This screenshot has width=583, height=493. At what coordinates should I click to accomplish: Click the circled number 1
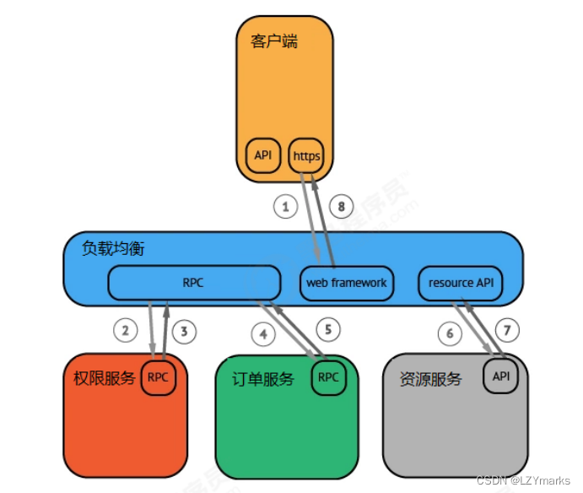click(x=285, y=205)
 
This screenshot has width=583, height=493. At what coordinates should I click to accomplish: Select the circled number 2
click(x=125, y=330)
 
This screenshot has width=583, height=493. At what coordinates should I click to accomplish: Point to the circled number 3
click(x=187, y=330)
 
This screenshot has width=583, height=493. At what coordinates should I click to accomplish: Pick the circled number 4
click(x=264, y=333)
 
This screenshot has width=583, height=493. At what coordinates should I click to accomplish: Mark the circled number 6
click(x=450, y=333)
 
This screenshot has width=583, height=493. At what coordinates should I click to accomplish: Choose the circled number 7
click(x=508, y=328)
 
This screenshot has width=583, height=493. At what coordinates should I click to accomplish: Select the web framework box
click(x=347, y=283)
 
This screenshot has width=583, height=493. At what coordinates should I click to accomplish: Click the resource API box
click(x=461, y=283)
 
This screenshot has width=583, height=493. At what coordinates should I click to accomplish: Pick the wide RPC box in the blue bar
click(x=193, y=283)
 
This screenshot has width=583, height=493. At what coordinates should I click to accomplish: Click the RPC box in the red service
click(x=158, y=377)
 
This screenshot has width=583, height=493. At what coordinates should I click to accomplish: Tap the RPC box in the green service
click(x=328, y=377)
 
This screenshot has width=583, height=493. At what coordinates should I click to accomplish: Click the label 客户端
click(x=274, y=41)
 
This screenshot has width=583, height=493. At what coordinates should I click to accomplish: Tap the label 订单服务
click(x=263, y=379)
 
